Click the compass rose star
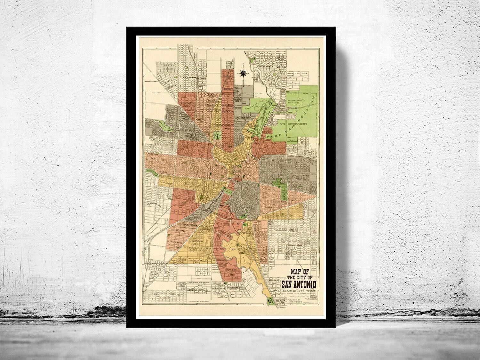pyautogui.click(x=243, y=73)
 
